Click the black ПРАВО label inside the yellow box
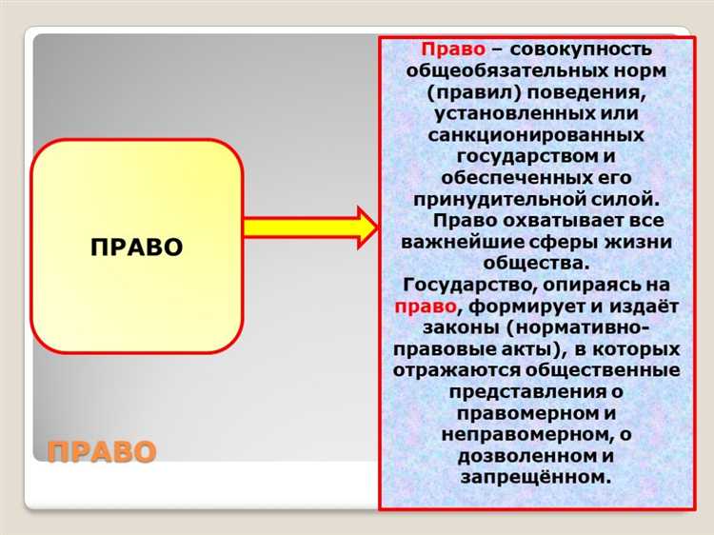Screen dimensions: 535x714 (x=136, y=248)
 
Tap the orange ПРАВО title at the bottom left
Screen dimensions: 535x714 (x=101, y=450)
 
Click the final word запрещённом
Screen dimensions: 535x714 (x=535, y=477)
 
